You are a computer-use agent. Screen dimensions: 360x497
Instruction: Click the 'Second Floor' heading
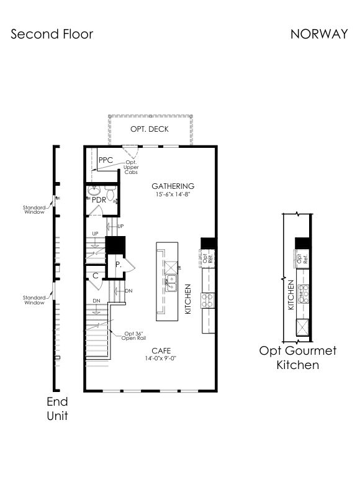pyautogui.click(x=52, y=34)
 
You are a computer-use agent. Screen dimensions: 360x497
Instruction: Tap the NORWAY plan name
pyautogui.click(x=319, y=34)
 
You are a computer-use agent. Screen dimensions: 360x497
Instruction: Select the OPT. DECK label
pyautogui.click(x=150, y=129)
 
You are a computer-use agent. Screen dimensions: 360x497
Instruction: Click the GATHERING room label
pyautogui.click(x=173, y=186)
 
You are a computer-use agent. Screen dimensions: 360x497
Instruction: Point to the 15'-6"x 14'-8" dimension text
pyautogui.click(x=173, y=194)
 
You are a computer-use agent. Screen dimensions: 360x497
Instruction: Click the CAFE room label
pyautogui.click(x=161, y=350)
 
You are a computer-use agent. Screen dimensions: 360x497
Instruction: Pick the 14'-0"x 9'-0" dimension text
pyautogui.click(x=161, y=358)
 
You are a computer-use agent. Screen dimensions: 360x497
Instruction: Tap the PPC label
pyautogui.click(x=106, y=160)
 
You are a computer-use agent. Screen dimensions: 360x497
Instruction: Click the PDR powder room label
pyautogui.click(x=99, y=200)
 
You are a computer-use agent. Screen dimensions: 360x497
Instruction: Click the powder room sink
pyautogui.click(x=94, y=191)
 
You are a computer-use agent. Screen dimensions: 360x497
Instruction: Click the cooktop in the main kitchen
pyautogui.click(x=208, y=301)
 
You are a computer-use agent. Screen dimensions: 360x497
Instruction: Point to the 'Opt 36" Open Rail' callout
pyautogui.click(x=133, y=335)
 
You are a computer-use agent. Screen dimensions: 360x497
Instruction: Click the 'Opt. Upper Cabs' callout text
pyautogui.click(x=131, y=167)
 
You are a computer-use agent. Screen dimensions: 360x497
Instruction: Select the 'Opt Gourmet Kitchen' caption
pyautogui.click(x=298, y=358)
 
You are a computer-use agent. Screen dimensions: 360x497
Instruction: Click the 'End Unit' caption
pyautogui.click(x=57, y=409)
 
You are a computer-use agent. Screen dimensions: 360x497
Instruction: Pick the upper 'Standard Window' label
pyautogui.click(x=34, y=210)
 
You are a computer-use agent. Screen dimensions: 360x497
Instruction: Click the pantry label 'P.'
pyautogui.click(x=119, y=265)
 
